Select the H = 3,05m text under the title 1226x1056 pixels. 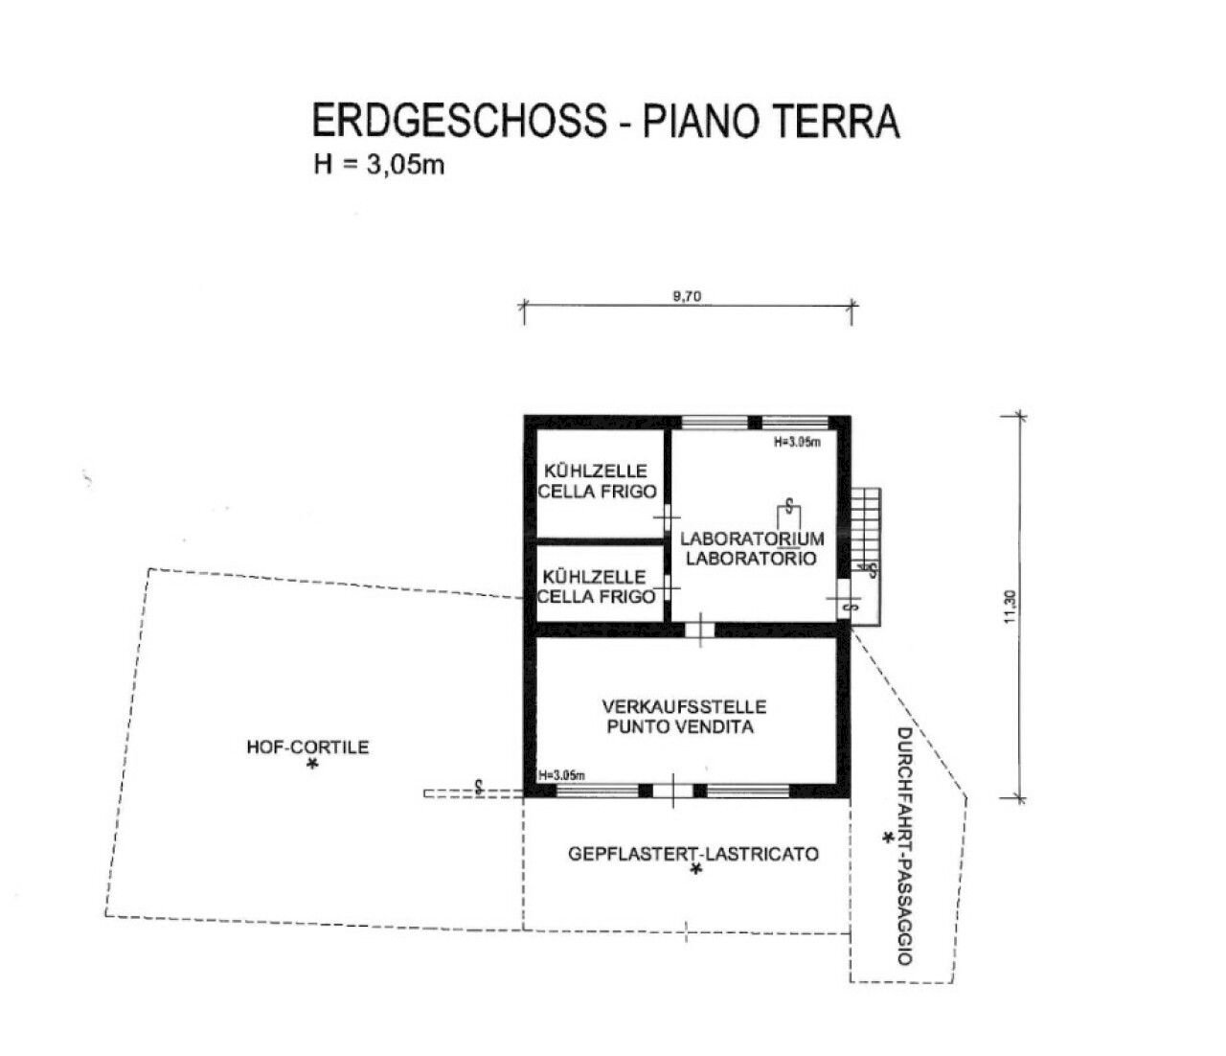378,165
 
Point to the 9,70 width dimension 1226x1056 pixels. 687,296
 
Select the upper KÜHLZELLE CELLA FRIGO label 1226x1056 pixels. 597,481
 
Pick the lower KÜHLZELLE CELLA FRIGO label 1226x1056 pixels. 597,586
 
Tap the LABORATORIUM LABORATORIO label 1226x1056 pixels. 751,548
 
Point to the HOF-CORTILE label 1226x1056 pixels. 307,747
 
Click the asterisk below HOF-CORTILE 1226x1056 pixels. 311,766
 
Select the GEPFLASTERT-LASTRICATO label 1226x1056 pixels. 693,853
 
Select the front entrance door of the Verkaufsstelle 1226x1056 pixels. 672,791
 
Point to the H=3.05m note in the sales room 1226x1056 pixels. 562,775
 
